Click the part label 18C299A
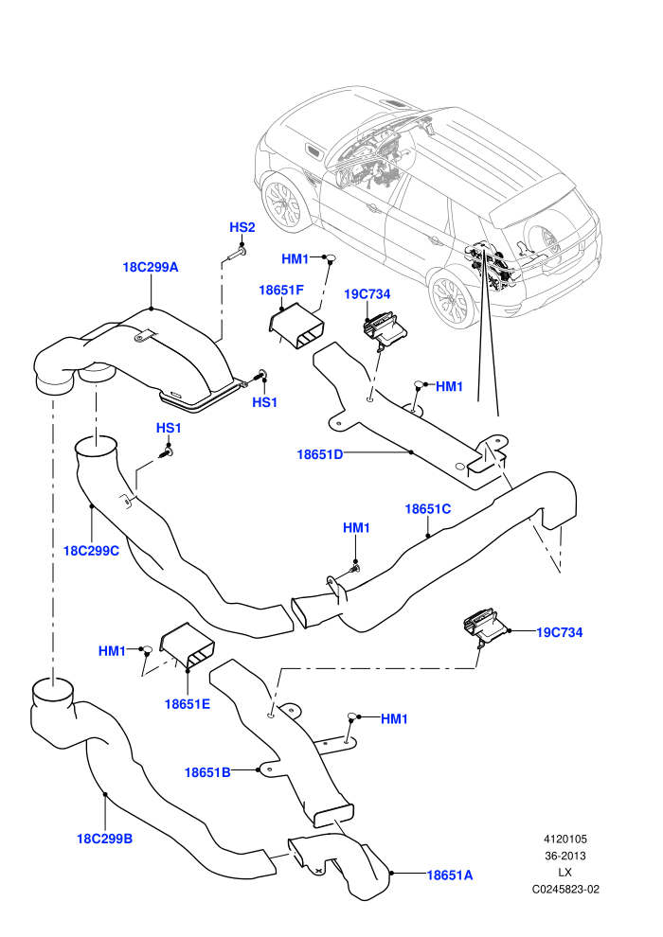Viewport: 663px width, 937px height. click(150, 267)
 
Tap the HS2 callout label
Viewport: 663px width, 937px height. click(242, 227)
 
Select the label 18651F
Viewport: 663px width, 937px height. click(281, 290)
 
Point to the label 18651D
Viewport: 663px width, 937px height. click(320, 454)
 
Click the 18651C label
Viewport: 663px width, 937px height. click(427, 509)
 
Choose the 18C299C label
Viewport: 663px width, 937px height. click(91, 551)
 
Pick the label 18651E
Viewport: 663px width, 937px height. click(188, 704)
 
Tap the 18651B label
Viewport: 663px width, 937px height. click(207, 772)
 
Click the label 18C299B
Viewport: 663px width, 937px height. click(104, 839)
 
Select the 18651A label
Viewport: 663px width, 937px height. click(450, 875)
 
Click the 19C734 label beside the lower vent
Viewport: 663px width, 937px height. click(560, 632)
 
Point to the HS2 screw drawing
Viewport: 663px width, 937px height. click(235, 256)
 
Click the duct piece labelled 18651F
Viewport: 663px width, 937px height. click(296, 327)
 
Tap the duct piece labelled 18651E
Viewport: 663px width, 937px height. click(187, 647)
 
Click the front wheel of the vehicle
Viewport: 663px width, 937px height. click(285, 201)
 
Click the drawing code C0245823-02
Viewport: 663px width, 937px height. click(565, 889)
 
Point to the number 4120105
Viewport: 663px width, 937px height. click(564, 839)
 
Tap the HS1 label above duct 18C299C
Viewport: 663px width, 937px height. click(169, 428)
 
